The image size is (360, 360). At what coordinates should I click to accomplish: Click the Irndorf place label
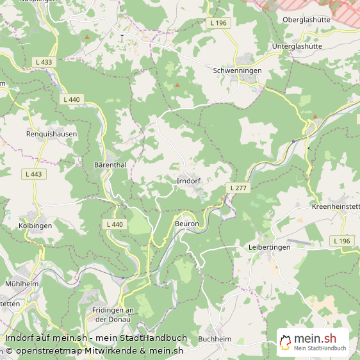[x=188, y=181]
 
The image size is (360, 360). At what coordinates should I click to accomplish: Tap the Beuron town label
[x=187, y=224]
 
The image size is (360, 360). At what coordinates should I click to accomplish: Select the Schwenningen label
[x=237, y=70]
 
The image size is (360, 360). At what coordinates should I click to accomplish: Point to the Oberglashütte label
[x=306, y=19]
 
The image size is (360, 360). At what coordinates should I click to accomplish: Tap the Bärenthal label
[x=110, y=165]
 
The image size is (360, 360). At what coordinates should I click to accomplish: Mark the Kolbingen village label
[x=35, y=226]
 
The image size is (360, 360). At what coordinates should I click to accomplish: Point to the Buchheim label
[x=214, y=338]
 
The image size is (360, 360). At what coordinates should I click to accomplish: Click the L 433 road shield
[x=44, y=62]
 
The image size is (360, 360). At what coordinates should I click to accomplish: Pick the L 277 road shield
[x=239, y=187]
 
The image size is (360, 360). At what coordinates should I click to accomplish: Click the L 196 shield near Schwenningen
[x=218, y=23]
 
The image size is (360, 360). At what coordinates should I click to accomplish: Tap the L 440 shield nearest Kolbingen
[x=113, y=224]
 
